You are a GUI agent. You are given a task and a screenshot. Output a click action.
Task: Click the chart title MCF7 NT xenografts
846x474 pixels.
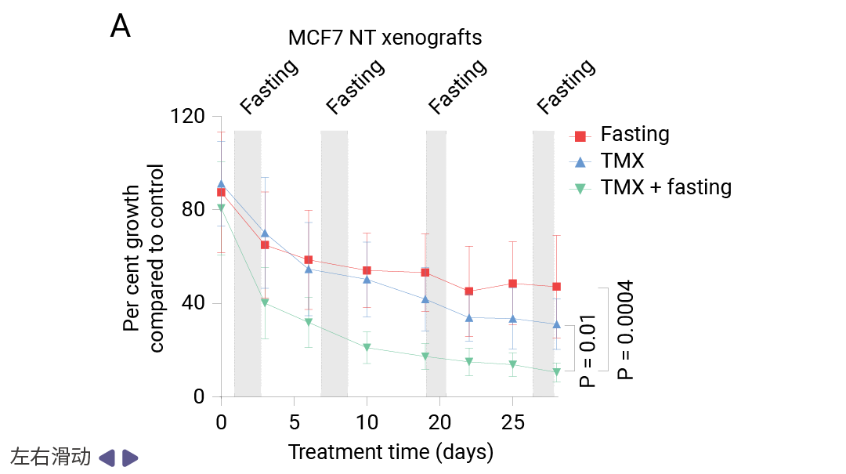click(x=385, y=38)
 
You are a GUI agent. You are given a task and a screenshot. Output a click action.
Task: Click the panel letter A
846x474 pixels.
click(x=120, y=27)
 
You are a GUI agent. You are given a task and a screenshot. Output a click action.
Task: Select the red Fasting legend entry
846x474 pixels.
click(x=634, y=135)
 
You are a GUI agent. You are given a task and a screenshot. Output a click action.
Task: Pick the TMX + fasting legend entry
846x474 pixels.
click(x=666, y=187)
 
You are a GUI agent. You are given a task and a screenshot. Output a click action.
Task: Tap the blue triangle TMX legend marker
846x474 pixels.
click(x=580, y=162)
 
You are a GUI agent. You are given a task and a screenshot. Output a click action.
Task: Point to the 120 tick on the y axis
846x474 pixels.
click(x=186, y=117)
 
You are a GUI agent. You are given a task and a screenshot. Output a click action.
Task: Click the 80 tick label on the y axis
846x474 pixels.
click(x=193, y=210)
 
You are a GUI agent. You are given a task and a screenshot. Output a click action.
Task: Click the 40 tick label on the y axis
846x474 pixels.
click(x=193, y=303)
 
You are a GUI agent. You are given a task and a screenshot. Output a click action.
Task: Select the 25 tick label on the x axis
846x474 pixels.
click(x=512, y=423)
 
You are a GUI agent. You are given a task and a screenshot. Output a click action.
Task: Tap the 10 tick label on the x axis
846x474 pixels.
click(x=367, y=423)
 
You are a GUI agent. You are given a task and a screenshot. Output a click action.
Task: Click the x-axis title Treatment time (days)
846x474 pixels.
click(x=390, y=452)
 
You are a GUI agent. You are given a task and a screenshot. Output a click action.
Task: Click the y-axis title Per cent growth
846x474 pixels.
click(x=132, y=259)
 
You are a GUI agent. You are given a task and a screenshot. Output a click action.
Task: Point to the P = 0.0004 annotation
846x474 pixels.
click(x=625, y=330)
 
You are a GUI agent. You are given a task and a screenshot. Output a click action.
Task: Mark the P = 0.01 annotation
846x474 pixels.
click(x=587, y=351)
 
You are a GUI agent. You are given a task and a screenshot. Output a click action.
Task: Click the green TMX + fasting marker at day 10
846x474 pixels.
click(x=367, y=348)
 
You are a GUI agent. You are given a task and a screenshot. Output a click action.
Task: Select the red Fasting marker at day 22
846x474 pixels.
click(x=468, y=291)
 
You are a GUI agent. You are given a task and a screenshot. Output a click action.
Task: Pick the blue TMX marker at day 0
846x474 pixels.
click(x=221, y=184)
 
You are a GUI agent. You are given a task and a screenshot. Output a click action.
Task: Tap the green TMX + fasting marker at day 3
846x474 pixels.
click(x=265, y=302)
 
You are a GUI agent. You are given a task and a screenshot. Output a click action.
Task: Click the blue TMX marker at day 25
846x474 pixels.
click(x=512, y=319)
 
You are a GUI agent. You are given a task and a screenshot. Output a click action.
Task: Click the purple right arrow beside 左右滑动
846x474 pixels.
click(x=131, y=458)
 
